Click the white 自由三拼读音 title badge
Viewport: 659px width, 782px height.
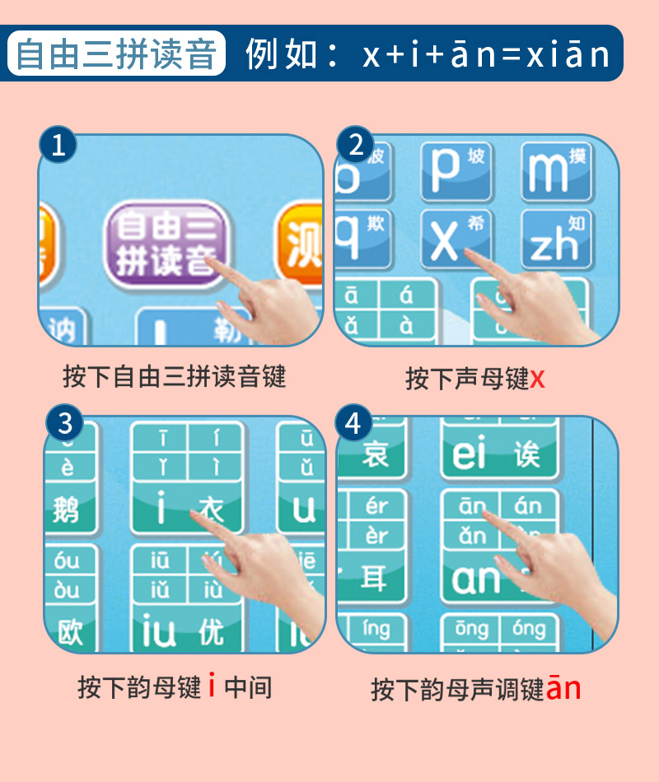[x=116, y=54]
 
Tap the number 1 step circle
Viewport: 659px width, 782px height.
[x=58, y=146]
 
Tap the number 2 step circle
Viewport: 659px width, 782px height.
[x=356, y=146]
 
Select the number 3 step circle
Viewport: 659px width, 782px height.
[x=64, y=423]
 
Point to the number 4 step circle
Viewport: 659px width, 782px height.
[x=354, y=423]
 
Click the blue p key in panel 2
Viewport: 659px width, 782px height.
[x=456, y=171]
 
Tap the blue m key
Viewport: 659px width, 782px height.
[x=557, y=171]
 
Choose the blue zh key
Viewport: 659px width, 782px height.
[x=557, y=240]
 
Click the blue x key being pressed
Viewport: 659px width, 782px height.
[x=456, y=240]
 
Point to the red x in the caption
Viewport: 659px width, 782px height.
[x=537, y=379]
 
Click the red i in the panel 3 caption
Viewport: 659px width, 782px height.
[x=212, y=686]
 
